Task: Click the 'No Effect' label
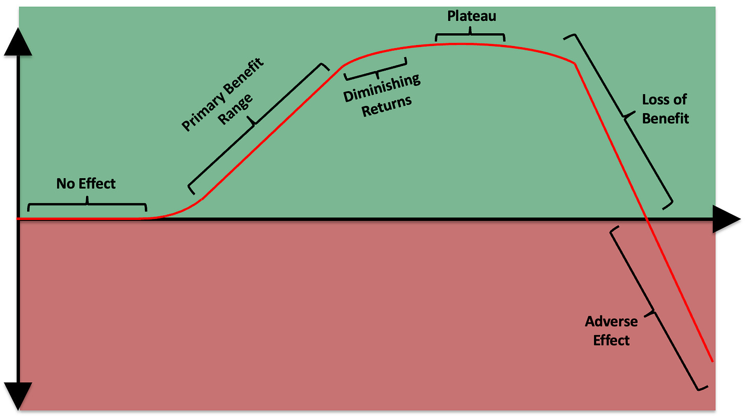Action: pyautogui.click(x=86, y=183)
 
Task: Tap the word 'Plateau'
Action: pyautogui.click(x=471, y=16)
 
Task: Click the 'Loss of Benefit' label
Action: pyautogui.click(x=665, y=108)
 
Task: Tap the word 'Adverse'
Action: pyautogui.click(x=611, y=322)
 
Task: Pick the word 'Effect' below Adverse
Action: pyautogui.click(x=611, y=340)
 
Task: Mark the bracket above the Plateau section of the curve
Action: pyautogui.click(x=470, y=35)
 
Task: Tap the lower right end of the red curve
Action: pyautogui.click(x=712, y=360)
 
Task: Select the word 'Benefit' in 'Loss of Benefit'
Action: pyautogui.click(x=665, y=118)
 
